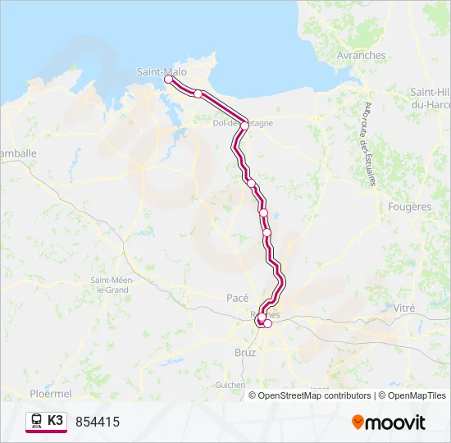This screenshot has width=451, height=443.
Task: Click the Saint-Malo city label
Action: pos(162,71)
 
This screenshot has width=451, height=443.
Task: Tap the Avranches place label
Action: pos(361,56)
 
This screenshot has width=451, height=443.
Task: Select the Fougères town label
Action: pos(409,207)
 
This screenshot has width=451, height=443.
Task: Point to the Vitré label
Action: pos(404,308)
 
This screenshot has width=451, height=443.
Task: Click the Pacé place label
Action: pos(237,298)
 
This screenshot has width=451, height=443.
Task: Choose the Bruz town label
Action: pos(245,353)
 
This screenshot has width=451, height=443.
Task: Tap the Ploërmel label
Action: pos(50,394)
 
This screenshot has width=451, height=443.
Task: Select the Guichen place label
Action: pos(230,384)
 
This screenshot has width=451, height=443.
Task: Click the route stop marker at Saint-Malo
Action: pos(169,80)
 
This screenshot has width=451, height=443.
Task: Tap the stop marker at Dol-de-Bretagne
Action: pos(244,126)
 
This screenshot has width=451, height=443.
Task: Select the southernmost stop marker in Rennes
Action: pos(267,323)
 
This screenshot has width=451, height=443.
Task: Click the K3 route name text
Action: pos(55,421)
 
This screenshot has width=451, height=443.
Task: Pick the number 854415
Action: pos(98,422)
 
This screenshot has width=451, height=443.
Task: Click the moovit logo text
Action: pos(395,422)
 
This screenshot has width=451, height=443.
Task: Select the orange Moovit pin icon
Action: pos(358,422)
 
